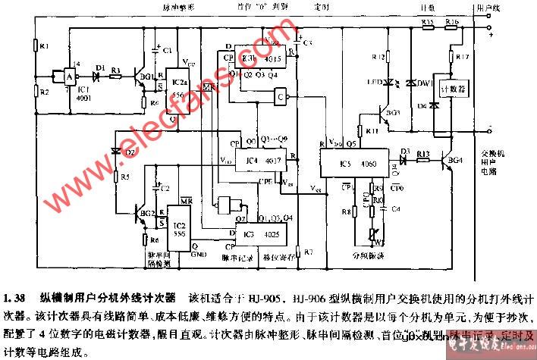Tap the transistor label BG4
click(454, 161)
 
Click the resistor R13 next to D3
click(423, 153)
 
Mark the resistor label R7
click(306, 251)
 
